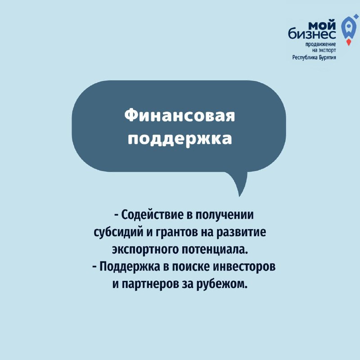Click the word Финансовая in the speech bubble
coord(180,115)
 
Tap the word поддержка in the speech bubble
coord(180,139)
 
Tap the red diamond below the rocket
coord(348,42)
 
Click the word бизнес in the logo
coord(312,34)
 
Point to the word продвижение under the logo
coord(320,44)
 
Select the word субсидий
coord(118,233)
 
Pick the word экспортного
coord(145,250)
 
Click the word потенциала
coord(215,250)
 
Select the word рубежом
coord(222,284)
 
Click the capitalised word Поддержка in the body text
coord(130,267)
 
